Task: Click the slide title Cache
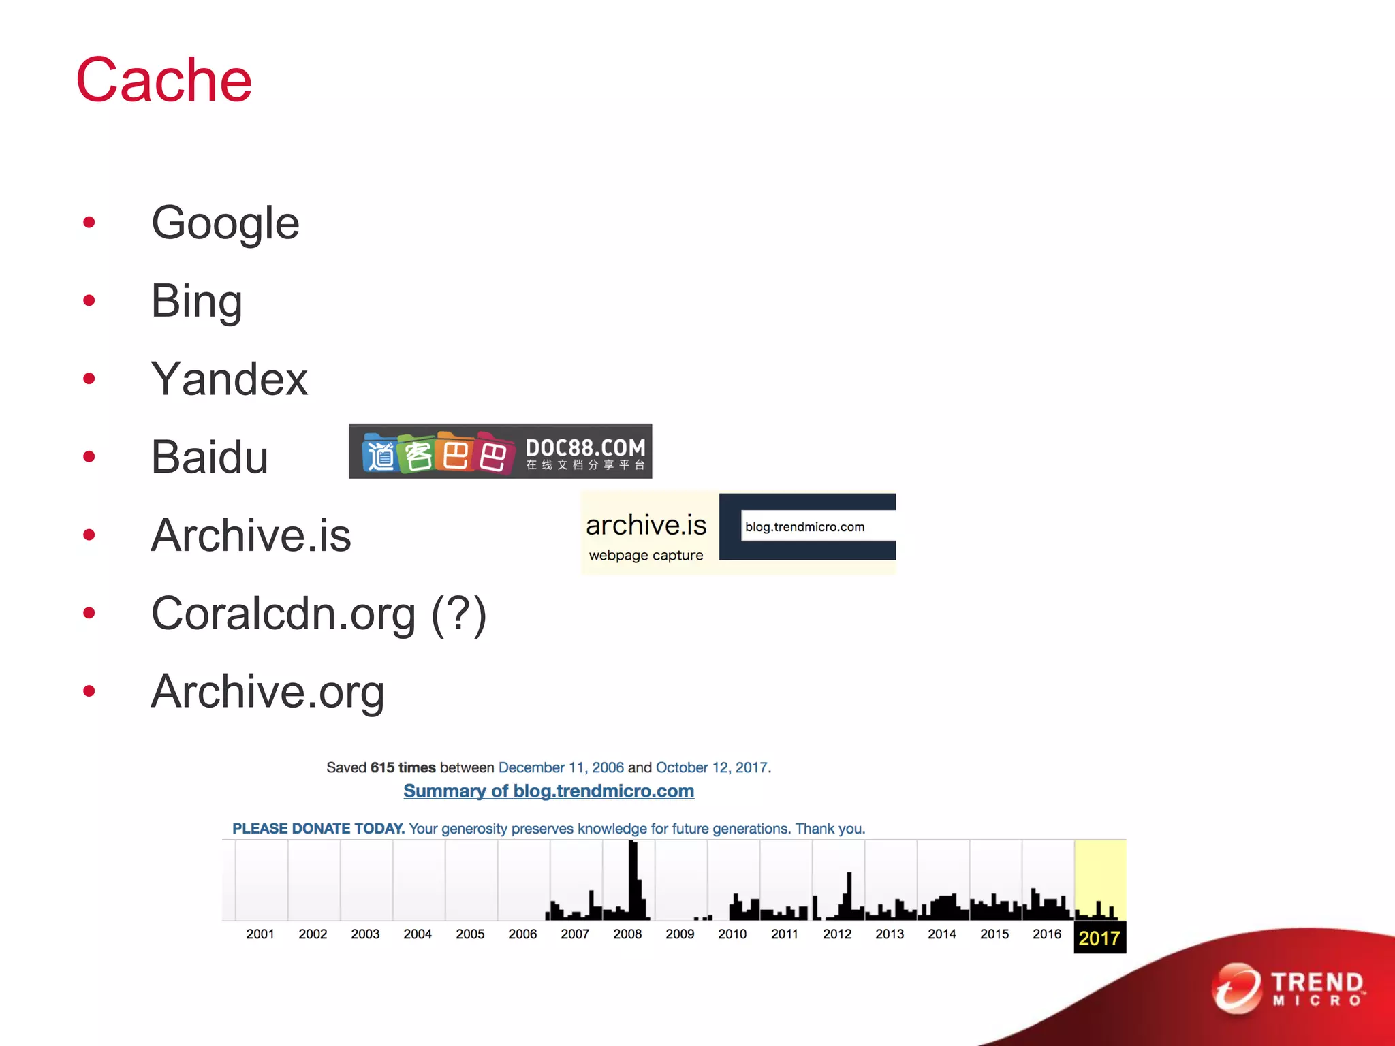[164, 80]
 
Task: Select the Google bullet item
[225, 223]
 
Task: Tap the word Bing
[196, 301]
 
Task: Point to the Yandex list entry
[229, 379]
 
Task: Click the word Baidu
[209, 457]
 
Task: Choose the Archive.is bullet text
[251, 535]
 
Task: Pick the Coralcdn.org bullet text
[318, 614]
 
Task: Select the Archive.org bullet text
[268, 692]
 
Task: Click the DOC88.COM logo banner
[500, 451]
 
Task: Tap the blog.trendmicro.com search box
[817, 527]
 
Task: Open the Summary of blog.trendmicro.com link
[548, 791]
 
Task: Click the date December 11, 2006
[561, 767]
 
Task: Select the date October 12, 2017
[712, 767]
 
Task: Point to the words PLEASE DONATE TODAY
[318, 829]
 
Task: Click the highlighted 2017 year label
[1099, 938]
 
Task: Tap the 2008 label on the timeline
[627, 934]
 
